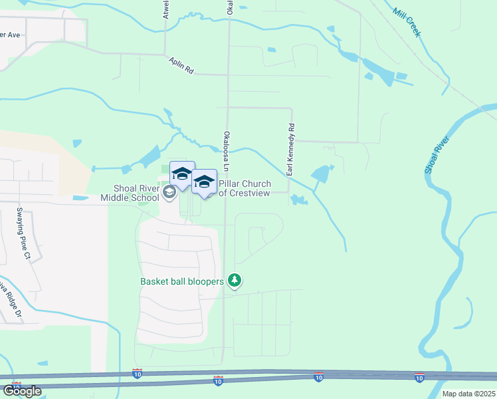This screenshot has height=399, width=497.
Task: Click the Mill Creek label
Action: tap(407, 22)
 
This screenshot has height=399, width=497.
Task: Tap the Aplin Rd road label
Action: tap(180, 65)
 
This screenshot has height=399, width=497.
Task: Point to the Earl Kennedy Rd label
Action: tap(290, 150)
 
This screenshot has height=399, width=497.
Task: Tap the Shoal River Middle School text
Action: tap(131, 193)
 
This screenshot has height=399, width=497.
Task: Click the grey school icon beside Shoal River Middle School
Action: tap(169, 192)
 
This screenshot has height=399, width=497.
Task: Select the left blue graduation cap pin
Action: tap(182, 176)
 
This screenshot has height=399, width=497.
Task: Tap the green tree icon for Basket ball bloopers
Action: tap(234, 281)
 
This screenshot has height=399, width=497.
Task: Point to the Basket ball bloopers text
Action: tap(181, 281)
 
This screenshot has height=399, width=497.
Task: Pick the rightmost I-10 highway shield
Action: tap(419, 378)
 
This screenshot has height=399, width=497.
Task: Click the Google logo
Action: tap(22, 391)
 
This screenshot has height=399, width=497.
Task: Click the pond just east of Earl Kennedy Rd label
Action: tap(320, 175)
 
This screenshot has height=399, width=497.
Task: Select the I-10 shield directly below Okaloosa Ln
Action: tap(218, 380)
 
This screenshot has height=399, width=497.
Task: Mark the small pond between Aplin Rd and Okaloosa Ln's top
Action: tap(270, 50)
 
